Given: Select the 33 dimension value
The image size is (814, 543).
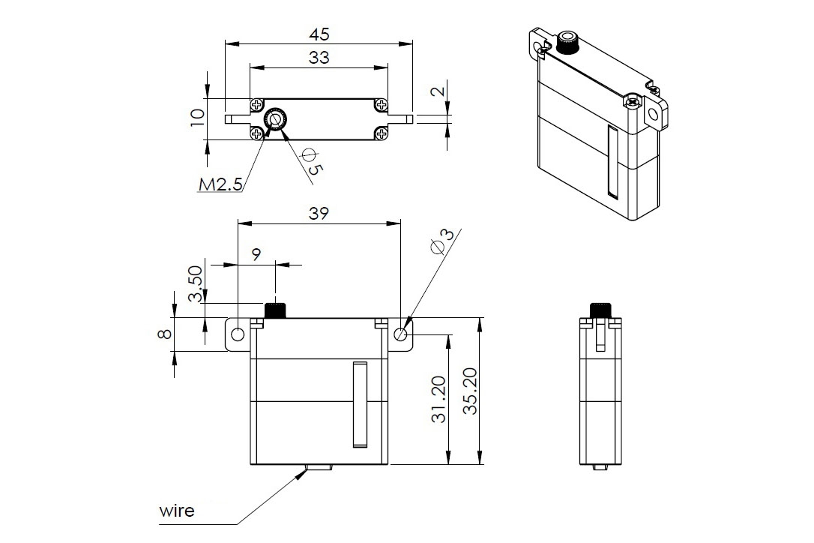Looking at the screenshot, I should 319,58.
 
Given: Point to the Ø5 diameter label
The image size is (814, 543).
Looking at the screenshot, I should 312,160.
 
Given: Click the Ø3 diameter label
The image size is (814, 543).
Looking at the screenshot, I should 444,241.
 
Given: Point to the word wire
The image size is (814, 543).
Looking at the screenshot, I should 177,511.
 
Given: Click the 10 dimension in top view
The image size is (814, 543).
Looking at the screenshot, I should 197,118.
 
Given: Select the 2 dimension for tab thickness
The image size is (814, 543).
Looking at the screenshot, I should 440,92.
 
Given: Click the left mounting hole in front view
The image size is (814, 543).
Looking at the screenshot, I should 238,334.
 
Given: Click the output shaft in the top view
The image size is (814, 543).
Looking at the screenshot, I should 275,119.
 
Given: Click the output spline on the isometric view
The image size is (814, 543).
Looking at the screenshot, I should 567,43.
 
